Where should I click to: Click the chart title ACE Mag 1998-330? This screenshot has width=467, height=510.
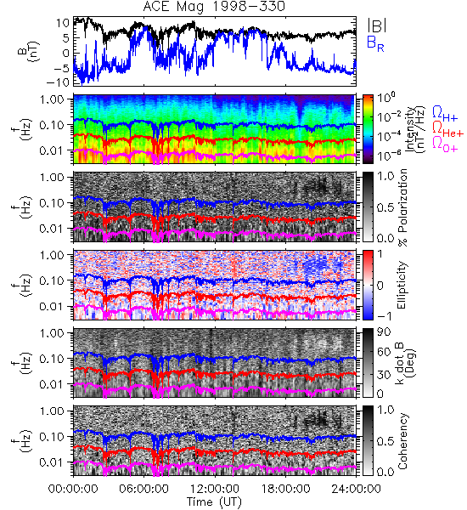(214, 6)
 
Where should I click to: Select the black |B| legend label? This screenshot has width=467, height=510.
(377, 25)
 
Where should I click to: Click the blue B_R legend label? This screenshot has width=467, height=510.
(375, 43)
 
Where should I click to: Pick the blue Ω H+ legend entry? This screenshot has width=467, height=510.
(445, 114)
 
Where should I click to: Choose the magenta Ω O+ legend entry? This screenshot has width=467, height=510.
(445, 144)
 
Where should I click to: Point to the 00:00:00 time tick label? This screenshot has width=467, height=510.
(73, 489)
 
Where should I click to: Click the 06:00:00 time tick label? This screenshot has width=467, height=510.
(143, 489)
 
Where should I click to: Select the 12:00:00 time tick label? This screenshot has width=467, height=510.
(215, 489)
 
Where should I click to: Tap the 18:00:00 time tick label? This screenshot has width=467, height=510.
(285, 489)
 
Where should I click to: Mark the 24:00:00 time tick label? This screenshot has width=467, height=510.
(356, 489)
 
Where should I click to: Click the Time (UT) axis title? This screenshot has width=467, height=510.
(214, 502)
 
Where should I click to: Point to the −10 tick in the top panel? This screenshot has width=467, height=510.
(59, 82)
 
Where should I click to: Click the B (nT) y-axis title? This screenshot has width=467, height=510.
(29, 51)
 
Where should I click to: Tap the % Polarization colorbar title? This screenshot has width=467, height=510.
(403, 207)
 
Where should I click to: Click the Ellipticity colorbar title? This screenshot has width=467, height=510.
(402, 285)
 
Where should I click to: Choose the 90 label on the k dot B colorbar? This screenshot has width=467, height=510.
(384, 332)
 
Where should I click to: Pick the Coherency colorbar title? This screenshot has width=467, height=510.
(402, 440)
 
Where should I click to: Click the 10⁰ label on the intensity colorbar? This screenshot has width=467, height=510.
(386, 97)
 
